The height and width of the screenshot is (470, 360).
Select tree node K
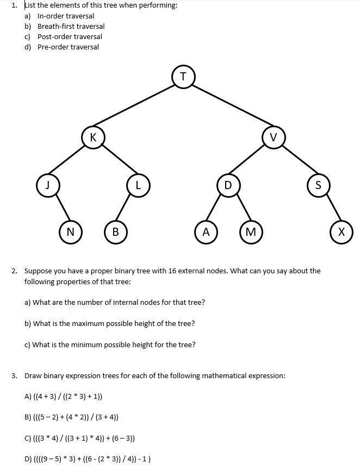pyautogui.click(x=94, y=137)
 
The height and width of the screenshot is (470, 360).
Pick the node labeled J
pyautogui.click(x=48, y=184)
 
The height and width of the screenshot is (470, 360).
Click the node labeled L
pyautogui.click(x=138, y=184)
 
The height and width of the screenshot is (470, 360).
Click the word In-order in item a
pyautogui.click(x=51, y=16)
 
